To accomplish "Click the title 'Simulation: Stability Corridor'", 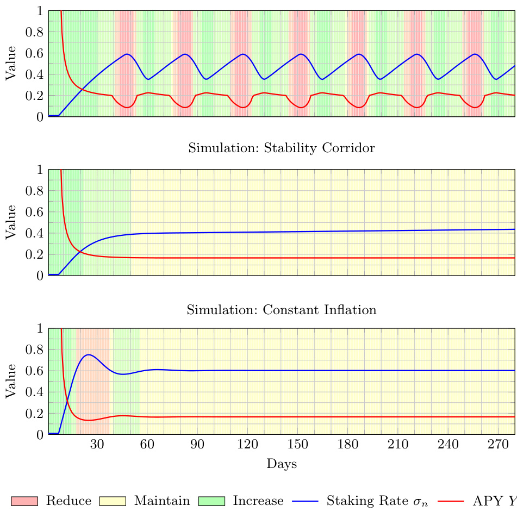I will (x=281, y=148).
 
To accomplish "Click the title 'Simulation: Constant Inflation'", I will (x=281, y=310).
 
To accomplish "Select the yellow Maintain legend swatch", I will (x=113, y=501).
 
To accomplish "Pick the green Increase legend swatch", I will (x=211, y=501).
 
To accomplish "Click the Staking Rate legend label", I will (x=377, y=501).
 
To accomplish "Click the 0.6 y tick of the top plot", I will (x=36, y=53).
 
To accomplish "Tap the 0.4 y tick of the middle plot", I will (x=36, y=233).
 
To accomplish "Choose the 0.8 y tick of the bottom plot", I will (x=36, y=349).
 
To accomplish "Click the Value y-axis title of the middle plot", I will (x=10, y=222).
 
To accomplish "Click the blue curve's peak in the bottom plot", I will (x=88, y=354).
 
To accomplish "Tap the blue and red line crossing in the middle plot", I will (x=79, y=251).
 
